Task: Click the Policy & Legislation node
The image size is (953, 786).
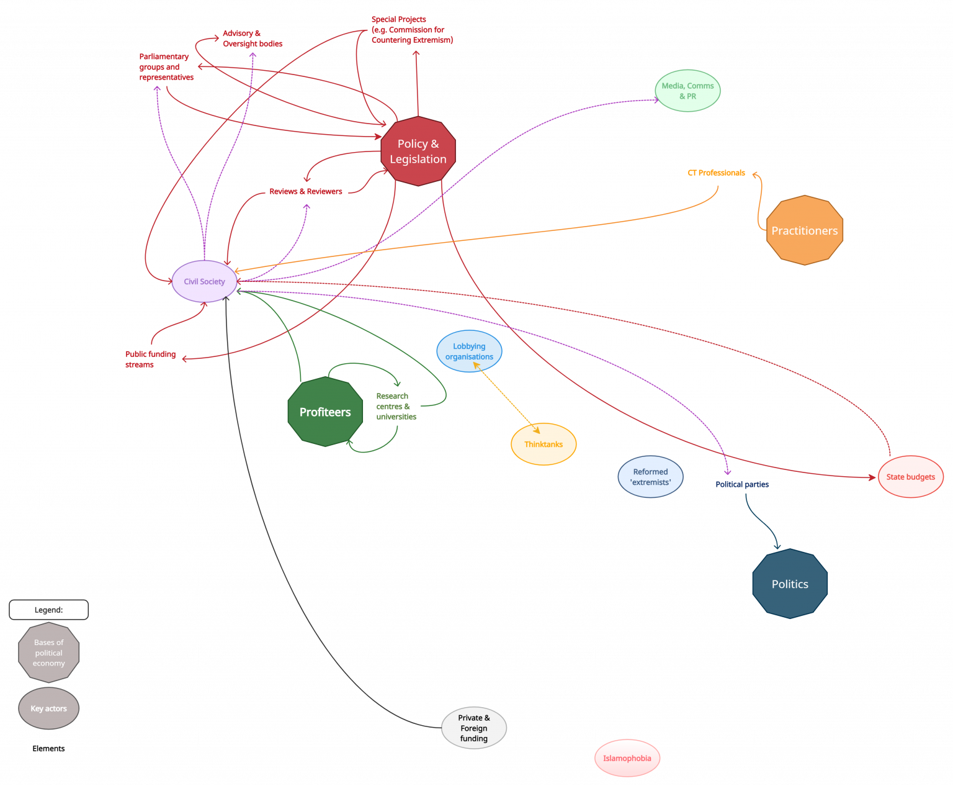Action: pos(418,151)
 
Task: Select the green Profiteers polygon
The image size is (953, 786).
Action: pos(325,412)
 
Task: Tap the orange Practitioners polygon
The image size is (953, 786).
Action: pos(804,230)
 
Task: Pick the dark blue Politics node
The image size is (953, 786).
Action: pos(790,584)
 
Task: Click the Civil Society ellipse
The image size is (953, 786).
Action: pos(204,281)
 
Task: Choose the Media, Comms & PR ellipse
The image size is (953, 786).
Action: pos(687,91)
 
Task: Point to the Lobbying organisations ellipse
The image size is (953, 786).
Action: pos(469,351)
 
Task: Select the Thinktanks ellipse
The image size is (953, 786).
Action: pos(543,444)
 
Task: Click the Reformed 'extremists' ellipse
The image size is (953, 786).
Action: pos(650,477)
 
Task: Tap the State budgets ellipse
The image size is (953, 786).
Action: pos(911,477)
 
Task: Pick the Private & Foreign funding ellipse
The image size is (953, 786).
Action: pos(474,728)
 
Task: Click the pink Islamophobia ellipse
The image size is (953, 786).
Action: pos(627,758)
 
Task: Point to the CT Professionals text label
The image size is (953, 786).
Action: pos(716,173)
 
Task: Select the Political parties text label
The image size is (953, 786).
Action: pos(741,484)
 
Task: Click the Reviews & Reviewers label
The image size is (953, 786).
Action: pos(305,191)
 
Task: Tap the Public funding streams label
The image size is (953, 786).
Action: pos(150,359)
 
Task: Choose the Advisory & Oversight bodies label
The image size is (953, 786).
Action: pos(253,38)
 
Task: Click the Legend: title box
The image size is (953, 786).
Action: pos(49,610)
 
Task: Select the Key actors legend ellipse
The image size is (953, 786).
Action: pos(49,708)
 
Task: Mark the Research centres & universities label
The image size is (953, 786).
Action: pos(396,406)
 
